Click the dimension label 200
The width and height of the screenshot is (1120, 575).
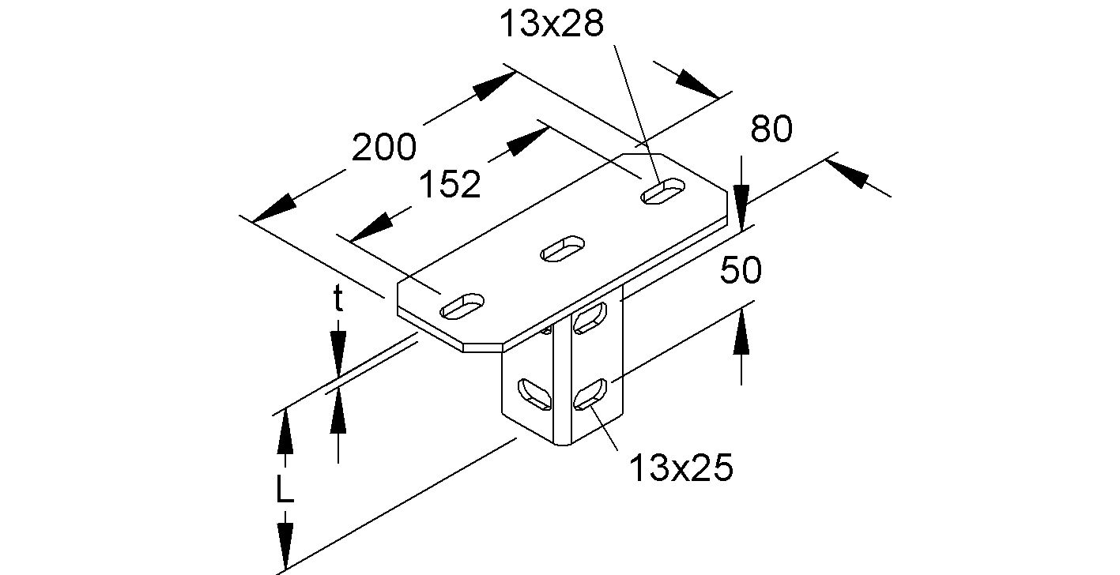[383, 148]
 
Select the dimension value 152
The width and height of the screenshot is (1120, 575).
[449, 185]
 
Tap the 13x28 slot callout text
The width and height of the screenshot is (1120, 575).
[552, 24]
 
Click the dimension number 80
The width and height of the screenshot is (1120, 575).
[771, 130]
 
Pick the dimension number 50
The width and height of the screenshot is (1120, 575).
[741, 271]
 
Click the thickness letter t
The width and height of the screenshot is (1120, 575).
[338, 300]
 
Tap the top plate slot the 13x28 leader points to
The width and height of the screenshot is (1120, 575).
[663, 191]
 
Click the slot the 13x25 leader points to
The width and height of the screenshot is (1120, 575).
[590, 394]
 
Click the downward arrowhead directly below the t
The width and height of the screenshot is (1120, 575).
[338, 352]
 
